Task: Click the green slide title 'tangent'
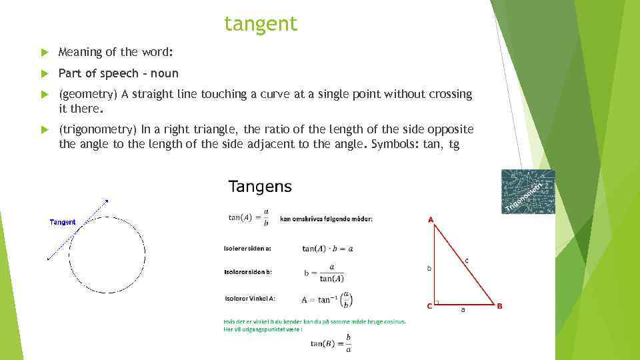261,24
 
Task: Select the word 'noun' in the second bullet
165,73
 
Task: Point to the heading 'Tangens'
260,187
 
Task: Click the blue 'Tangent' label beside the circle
63,222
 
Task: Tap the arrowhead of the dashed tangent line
105,201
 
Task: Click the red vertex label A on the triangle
431,219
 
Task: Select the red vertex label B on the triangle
499,306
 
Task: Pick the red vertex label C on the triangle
430,306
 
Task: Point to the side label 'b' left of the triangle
429,268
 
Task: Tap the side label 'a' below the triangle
463,310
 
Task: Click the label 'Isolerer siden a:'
247,249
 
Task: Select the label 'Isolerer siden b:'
247,272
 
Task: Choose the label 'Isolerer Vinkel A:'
250,298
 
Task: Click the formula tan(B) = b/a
331,343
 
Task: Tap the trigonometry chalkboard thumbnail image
528,191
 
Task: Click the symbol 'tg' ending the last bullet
455,143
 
